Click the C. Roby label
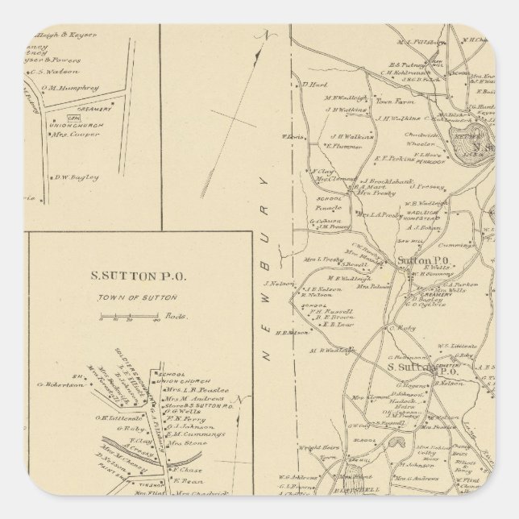401,327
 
